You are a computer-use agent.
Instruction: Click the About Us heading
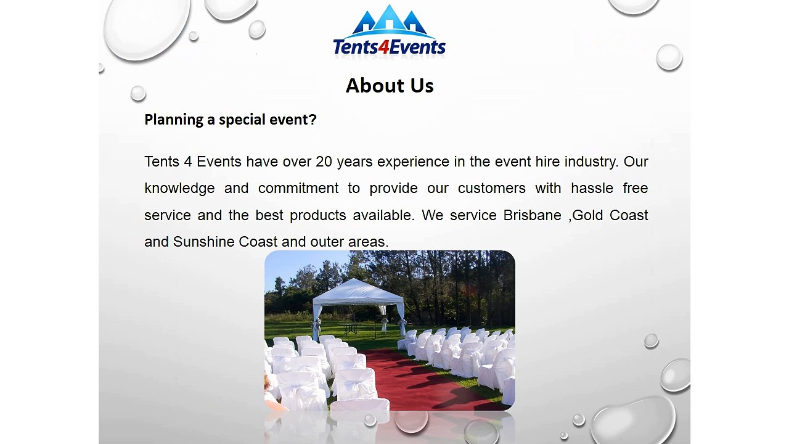(390, 86)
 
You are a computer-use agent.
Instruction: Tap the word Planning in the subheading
(174, 120)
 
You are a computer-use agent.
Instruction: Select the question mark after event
(313, 120)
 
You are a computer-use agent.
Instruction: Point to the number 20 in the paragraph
(324, 162)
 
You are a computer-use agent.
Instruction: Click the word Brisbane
(532, 215)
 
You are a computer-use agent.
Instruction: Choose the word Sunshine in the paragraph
(203, 242)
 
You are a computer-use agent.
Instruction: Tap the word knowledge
(179, 188)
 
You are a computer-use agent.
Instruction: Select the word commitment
(298, 188)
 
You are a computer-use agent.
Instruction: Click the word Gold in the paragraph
(587, 215)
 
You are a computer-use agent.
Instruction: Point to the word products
(318, 215)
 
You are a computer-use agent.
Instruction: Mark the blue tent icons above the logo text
(389, 20)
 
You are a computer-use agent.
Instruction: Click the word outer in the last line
(327, 242)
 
